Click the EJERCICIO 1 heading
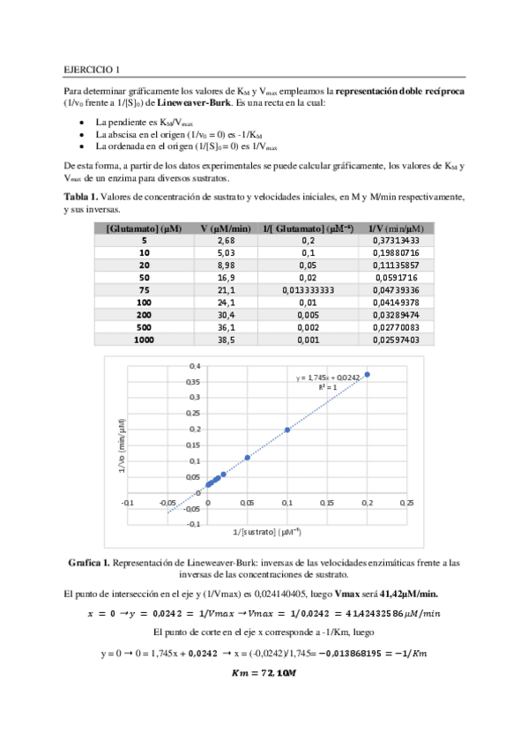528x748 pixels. click(93, 69)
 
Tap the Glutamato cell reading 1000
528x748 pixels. click(144, 340)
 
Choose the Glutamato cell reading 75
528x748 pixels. click(144, 289)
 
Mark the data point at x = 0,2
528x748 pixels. click(368, 374)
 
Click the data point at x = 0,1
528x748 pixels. click(287, 430)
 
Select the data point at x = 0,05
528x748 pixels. click(248, 457)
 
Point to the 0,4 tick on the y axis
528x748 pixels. click(195, 365)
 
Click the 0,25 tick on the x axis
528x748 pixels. click(406, 502)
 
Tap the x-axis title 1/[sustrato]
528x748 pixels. click(267, 531)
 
